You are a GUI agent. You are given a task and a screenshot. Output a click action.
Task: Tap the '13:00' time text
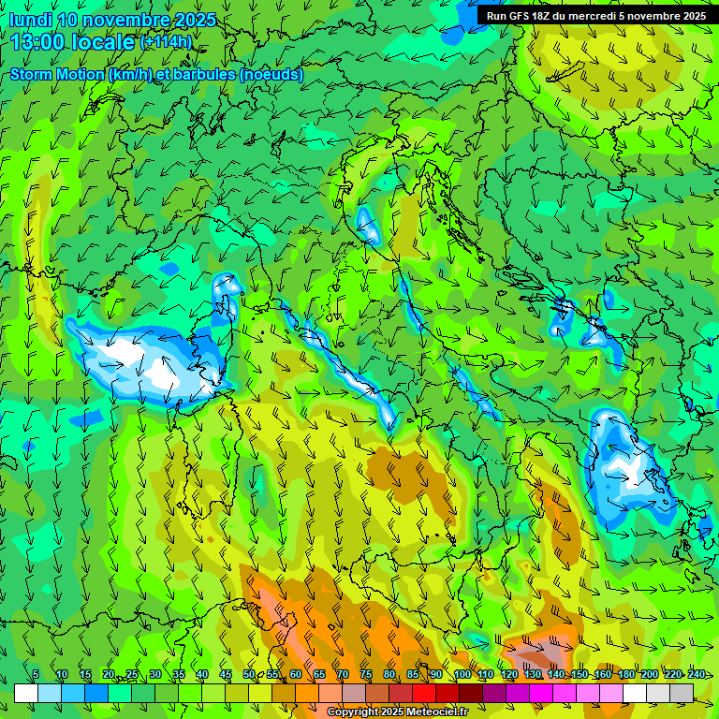pyautogui.click(x=37, y=41)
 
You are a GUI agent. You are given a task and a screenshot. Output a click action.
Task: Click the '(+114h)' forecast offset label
pyautogui.click(x=166, y=42)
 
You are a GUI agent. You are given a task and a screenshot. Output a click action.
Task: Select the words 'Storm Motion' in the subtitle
pyautogui.click(x=56, y=74)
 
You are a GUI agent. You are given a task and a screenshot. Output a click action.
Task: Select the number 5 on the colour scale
pyautogui.click(x=36, y=675)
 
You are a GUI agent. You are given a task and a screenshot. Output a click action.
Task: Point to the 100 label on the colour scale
pyautogui.click(x=462, y=675)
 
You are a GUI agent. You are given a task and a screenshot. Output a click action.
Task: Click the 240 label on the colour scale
pyautogui.click(x=697, y=675)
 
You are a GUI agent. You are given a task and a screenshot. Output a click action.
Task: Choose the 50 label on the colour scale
pyautogui.click(x=248, y=675)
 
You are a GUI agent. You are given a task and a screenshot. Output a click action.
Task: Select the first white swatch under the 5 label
pyautogui.click(x=25, y=693)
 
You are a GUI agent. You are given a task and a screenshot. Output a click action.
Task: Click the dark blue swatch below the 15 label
pyautogui.click(x=95, y=693)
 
